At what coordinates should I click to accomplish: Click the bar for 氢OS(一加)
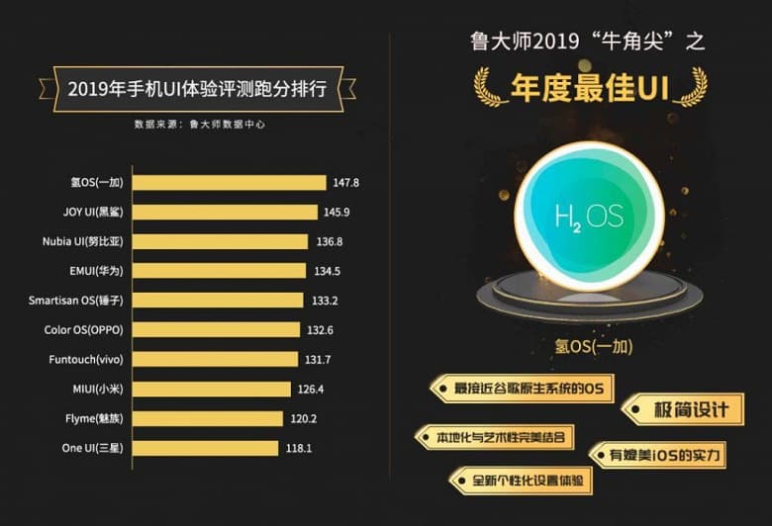click(229, 182)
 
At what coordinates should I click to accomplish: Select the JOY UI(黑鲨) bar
click(225, 212)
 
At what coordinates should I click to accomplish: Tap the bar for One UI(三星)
click(205, 448)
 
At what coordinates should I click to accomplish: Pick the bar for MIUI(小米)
click(212, 389)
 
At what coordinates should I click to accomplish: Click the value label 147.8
click(346, 183)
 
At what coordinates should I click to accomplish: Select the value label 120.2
click(303, 418)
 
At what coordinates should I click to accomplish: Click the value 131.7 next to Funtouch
click(318, 359)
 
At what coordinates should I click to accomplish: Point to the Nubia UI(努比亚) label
click(84, 241)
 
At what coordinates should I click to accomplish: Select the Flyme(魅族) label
click(96, 418)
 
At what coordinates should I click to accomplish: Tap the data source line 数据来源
click(199, 125)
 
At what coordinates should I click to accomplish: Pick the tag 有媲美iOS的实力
click(659, 455)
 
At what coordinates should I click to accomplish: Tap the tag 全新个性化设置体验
click(523, 482)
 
